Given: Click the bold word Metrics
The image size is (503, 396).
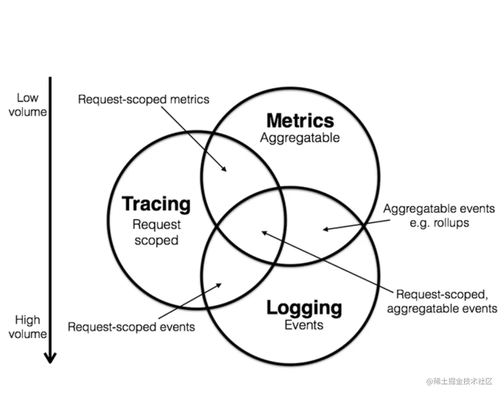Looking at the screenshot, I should [300, 120].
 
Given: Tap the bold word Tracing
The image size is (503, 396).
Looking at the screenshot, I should [156, 204].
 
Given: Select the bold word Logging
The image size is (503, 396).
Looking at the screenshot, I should [304, 308].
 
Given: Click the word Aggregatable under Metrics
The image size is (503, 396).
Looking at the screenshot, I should [300, 138].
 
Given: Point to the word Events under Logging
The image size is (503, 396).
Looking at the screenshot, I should [304, 325].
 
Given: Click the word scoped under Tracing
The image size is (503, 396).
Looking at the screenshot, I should [156, 240].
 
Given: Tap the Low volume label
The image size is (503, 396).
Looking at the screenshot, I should [27, 105].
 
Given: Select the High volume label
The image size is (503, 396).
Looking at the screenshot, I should [28, 327].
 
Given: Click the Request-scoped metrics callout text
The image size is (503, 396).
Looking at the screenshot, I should [143, 99].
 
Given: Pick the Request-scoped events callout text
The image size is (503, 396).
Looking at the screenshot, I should [131, 327].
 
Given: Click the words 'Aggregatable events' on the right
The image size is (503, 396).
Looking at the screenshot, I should [439, 209].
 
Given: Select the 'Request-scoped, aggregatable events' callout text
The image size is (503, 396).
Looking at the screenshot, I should [442, 302].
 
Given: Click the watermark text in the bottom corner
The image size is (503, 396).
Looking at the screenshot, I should [460, 381].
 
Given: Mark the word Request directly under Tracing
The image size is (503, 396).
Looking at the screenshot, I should [156, 225].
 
